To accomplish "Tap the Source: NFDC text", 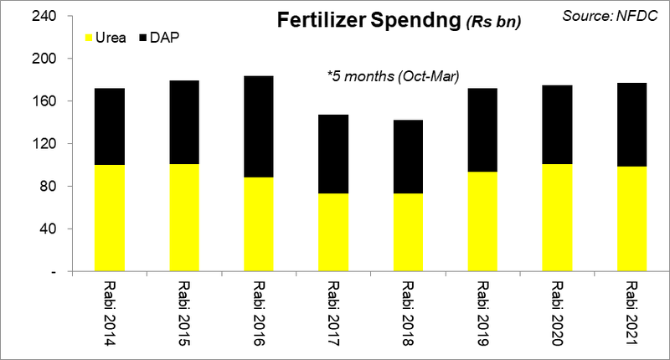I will (613, 15).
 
